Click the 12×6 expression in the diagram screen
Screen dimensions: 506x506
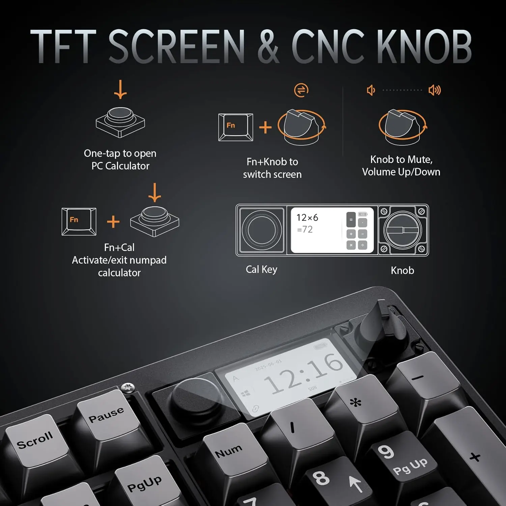click(x=307, y=218)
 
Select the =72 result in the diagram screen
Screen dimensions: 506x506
click(x=305, y=229)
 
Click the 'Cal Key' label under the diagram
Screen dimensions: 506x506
click(x=261, y=270)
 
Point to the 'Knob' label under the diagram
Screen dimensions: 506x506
click(x=402, y=270)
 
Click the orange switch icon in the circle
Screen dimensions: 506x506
click(x=301, y=90)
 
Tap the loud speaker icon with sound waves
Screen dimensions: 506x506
click(x=434, y=90)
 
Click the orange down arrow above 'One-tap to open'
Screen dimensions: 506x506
click(x=120, y=89)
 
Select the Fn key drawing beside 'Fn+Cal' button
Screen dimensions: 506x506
click(x=79, y=222)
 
